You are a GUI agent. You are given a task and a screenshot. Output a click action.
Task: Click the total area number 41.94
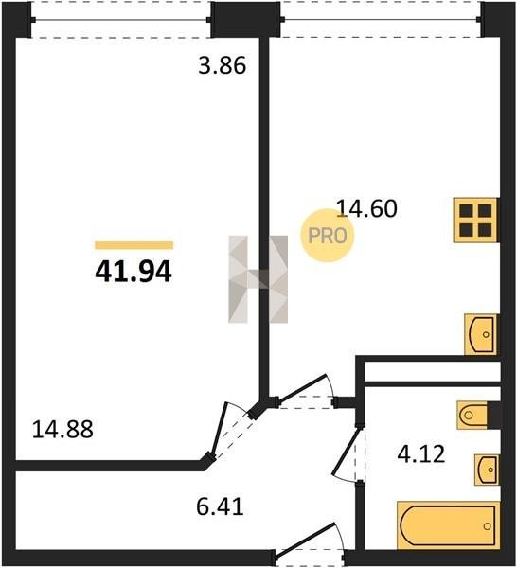[x=133, y=272]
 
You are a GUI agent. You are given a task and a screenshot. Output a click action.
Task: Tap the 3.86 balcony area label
[x=223, y=65]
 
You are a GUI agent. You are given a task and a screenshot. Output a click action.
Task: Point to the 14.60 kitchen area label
[x=366, y=208]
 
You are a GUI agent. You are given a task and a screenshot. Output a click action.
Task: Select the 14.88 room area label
[x=62, y=429]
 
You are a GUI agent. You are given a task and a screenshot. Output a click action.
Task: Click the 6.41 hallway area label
[x=220, y=506]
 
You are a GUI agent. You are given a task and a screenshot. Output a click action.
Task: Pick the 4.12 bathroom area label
[x=421, y=454]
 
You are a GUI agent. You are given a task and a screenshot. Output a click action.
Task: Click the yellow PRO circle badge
[x=328, y=236]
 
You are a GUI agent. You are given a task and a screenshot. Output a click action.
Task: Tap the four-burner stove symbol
[x=475, y=220]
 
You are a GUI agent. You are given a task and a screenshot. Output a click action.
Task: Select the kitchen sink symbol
[x=481, y=334]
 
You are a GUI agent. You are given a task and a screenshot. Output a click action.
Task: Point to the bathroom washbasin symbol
[x=487, y=470]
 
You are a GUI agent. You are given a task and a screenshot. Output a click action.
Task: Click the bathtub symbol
[x=448, y=525]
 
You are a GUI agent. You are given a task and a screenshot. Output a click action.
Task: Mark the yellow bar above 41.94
[x=134, y=245]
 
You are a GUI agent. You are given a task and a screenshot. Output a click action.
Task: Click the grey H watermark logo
[x=258, y=279]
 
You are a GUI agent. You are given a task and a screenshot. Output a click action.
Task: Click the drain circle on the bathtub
[x=488, y=526]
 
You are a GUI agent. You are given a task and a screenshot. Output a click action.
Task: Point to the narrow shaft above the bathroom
[x=433, y=371]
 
